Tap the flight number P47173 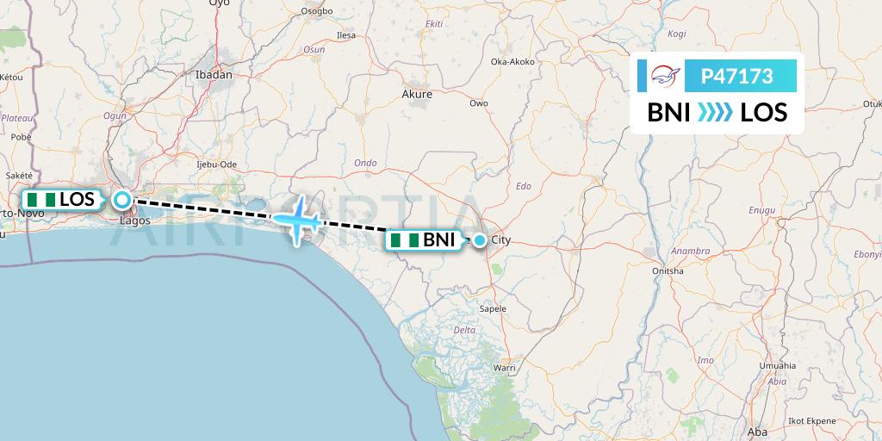736,77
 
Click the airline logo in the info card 665,77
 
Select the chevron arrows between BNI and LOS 714,112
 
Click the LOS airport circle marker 122,200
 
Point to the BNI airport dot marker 479,240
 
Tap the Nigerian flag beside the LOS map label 40,200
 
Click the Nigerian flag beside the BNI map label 404,240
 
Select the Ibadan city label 214,75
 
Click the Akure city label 417,95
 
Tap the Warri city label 504,368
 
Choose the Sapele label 493,307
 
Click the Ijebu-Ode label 216,164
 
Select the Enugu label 763,209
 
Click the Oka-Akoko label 512,62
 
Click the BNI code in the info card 668,112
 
